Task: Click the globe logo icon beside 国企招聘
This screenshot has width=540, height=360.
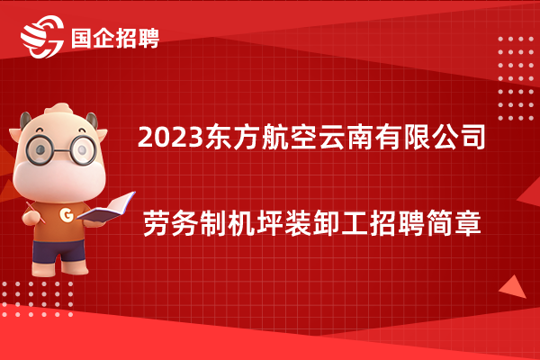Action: [x=42, y=37]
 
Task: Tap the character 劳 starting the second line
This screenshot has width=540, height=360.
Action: [x=156, y=224]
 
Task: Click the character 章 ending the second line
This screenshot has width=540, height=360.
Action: [x=468, y=224]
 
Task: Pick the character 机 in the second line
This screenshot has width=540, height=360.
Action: [x=240, y=224]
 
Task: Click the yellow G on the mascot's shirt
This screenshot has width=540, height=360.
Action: [x=67, y=214]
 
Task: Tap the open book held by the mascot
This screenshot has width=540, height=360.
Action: [x=106, y=207]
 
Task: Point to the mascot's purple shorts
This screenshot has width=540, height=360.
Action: [x=58, y=251]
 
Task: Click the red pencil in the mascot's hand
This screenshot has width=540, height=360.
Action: [x=35, y=212]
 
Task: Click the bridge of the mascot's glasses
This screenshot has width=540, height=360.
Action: [x=62, y=150]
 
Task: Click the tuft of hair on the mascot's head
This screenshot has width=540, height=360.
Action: [x=58, y=109]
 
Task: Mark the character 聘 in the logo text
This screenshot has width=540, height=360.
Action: [x=148, y=38]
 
